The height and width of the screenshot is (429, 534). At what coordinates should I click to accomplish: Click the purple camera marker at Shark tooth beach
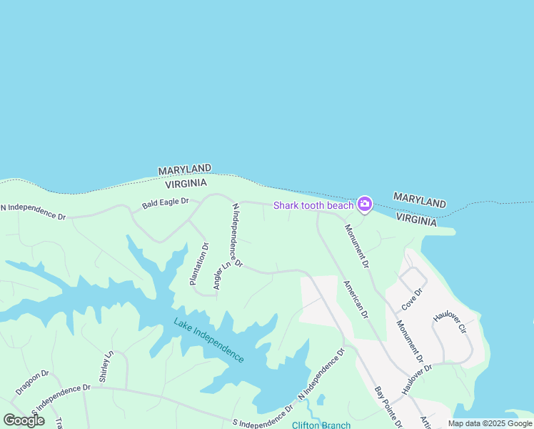365,205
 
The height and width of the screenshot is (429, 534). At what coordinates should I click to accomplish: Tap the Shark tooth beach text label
313,206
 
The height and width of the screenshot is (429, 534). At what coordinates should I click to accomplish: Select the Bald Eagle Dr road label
165,203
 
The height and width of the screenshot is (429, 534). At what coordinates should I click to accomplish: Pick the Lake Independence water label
208,340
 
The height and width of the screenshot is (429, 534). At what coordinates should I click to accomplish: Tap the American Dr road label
356,299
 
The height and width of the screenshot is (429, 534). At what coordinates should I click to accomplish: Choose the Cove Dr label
412,299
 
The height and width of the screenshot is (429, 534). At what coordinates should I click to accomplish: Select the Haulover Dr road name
417,378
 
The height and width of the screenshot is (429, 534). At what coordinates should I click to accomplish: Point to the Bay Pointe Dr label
388,407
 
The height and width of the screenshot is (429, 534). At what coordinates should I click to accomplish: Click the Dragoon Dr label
32,383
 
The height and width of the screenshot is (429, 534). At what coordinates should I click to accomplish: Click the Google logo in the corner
24,420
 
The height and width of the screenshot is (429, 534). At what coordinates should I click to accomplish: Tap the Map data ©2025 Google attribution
490,423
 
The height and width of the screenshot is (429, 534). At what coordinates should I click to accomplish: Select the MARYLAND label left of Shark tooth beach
184,169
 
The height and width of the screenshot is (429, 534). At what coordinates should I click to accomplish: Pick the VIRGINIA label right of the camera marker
415,220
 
